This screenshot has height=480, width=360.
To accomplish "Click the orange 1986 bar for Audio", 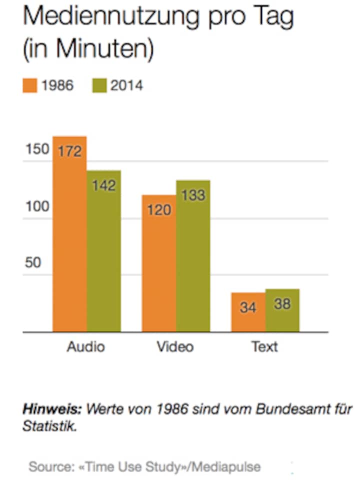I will (x=69, y=240).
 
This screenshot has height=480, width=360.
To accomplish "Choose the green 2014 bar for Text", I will (x=282, y=312).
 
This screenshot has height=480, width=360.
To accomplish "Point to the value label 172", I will (x=69, y=150).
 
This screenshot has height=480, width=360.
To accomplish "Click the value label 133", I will (x=193, y=195).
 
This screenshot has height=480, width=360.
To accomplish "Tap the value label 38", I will (x=282, y=303).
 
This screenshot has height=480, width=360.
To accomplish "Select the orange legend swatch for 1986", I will (x=29, y=85).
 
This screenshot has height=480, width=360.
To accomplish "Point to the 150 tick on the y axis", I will (x=36, y=149).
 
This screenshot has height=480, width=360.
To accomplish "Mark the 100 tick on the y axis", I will (x=36, y=206).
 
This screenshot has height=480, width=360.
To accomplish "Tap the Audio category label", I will (x=86, y=346).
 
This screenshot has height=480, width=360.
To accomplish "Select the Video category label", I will (x=175, y=346).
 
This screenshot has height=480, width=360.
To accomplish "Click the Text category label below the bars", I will (x=264, y=346).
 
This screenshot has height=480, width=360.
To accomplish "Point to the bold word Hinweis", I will (x=50, y=410).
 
